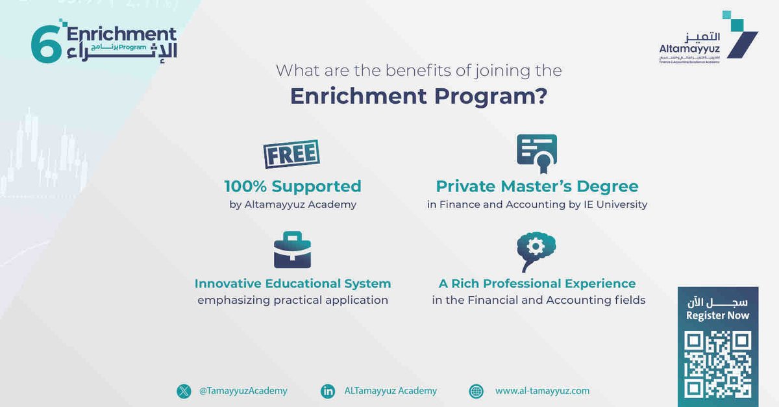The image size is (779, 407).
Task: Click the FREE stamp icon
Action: [x=291, y=154]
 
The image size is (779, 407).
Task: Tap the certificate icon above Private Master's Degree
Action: [x=537, y=154]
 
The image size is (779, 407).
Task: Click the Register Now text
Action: [x=717, y=315]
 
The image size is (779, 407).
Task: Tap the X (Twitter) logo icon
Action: [x=184, y=391]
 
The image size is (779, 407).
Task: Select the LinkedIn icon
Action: [x=328, y=391]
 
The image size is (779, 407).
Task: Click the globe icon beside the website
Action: [x=476, y=391]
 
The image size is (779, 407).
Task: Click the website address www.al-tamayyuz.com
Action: [x=542, y=391]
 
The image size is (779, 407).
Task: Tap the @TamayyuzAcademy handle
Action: [x=243, y=391]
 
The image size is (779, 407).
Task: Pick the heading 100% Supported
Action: [x=293, y=186]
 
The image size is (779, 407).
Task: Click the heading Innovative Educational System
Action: [x=293, y=284]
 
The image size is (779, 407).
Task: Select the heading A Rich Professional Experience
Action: [x=538, y=284]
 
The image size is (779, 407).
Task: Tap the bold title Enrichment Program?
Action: [x=419, y=96]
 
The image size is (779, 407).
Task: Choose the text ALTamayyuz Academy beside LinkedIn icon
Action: [x=391, y=391]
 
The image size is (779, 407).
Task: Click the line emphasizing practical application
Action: [x=293, y=300]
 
